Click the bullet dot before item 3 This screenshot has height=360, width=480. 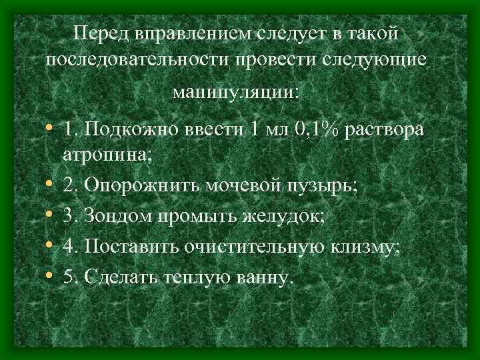tap(51, 217)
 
